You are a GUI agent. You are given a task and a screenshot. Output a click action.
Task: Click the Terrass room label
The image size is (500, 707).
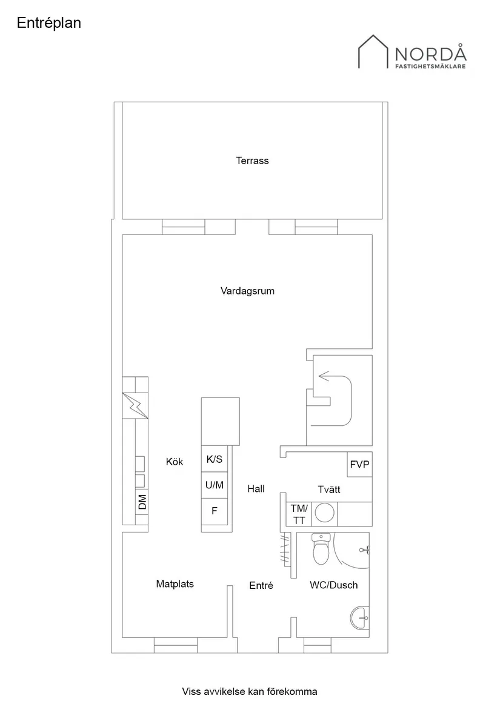[252, 161]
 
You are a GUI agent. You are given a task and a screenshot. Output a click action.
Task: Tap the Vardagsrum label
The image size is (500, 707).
[247, 291]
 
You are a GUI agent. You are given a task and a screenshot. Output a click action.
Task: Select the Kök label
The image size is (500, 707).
[175, 462]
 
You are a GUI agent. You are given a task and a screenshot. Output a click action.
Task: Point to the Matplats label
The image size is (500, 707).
[175, 584]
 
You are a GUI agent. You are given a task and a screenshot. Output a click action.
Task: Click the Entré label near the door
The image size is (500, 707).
[261, 586]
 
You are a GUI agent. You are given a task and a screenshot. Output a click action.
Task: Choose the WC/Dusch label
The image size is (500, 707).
[333, 585]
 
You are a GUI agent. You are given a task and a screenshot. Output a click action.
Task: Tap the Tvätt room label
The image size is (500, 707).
[329, 489]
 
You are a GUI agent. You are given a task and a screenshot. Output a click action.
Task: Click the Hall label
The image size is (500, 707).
[256, 489]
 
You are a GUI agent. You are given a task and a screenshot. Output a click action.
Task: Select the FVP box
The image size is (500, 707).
[359, 465]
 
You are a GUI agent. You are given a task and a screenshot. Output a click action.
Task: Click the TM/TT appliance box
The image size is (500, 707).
[299, 514]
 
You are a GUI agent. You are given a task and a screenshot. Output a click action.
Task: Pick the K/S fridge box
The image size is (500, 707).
[215, 460]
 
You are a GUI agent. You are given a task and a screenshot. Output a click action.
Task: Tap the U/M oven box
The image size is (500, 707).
[215, 485]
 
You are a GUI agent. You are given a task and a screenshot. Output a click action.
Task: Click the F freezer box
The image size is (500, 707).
[215, 511]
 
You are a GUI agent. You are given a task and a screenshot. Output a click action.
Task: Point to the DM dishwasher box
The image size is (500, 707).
[142, 502]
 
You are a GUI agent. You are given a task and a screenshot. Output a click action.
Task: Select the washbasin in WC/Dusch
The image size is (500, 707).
[360, 619]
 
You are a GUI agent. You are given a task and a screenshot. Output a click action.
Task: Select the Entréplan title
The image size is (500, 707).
[49, 23]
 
